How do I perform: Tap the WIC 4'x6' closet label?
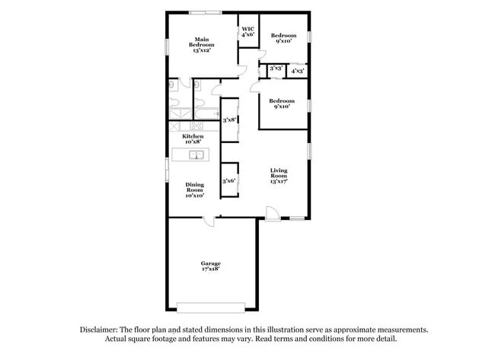point(248,32)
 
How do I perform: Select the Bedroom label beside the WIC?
point(284,38)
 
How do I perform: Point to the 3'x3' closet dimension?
point(276,70)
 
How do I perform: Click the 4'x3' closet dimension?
point(297,70)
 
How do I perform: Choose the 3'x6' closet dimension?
point(228,181)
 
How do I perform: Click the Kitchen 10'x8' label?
point(193,139)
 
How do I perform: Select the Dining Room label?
point(195,190)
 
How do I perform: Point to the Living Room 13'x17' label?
point(279,177)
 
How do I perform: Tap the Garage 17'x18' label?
point(211,266)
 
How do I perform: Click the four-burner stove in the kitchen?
point(196,126)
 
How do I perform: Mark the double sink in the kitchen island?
point(196,156)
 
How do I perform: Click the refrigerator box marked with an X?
point(175,126)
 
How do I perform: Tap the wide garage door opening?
point(211,307)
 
